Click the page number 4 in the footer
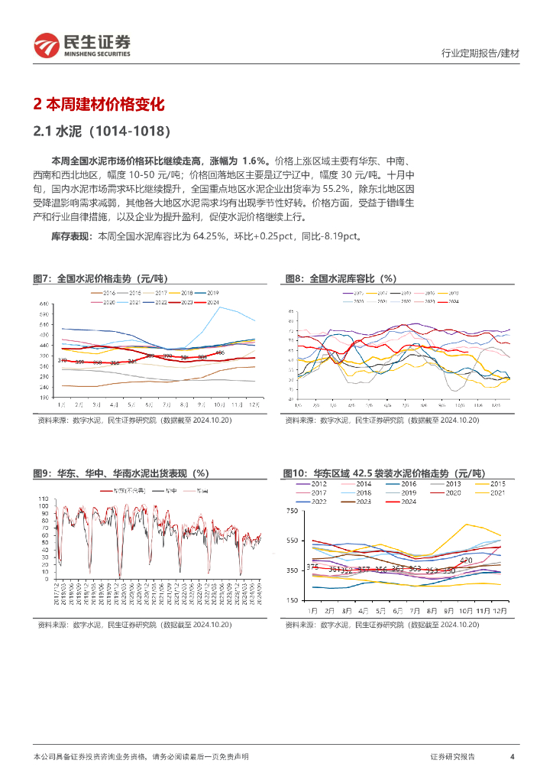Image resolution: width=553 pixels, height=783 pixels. (512, 756)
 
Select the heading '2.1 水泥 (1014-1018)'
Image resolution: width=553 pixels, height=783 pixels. (102, 132)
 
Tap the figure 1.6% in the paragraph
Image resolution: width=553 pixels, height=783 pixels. (254, 161)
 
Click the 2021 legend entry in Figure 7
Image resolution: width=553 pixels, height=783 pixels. (134, 303)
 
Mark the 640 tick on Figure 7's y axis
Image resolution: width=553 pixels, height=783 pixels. (44, 304)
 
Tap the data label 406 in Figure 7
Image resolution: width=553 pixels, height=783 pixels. (219, 353)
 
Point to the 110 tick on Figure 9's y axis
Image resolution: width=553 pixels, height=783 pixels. (44, 499)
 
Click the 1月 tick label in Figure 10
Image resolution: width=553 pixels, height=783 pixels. (312, 612)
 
